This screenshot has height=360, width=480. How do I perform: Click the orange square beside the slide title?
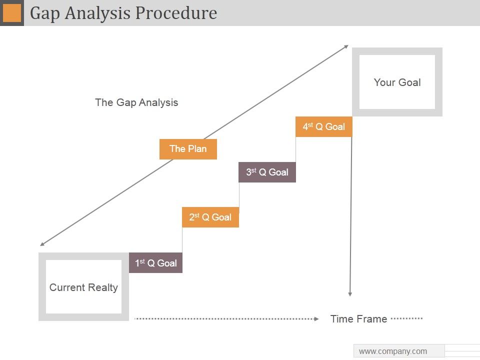(12, 13)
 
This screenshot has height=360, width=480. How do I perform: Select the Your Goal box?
(397, 82)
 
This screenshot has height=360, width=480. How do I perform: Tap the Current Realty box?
(83, 287)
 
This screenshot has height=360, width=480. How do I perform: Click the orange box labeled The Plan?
(188, 149)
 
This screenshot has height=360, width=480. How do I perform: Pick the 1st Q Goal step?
(155, 263)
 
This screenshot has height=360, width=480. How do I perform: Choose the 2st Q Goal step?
(210, 217)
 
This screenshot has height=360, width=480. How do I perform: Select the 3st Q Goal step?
(267, 172)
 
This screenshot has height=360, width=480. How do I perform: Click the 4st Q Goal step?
(323, 127)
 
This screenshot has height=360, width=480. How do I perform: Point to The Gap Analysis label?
(136, 102)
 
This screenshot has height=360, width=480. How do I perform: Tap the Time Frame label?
(358, 319)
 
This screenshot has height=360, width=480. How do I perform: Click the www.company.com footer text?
(393, 351)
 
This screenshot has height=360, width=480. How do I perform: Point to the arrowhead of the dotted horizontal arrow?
(316, 318)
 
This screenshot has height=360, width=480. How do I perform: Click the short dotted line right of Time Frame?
(406, 318)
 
